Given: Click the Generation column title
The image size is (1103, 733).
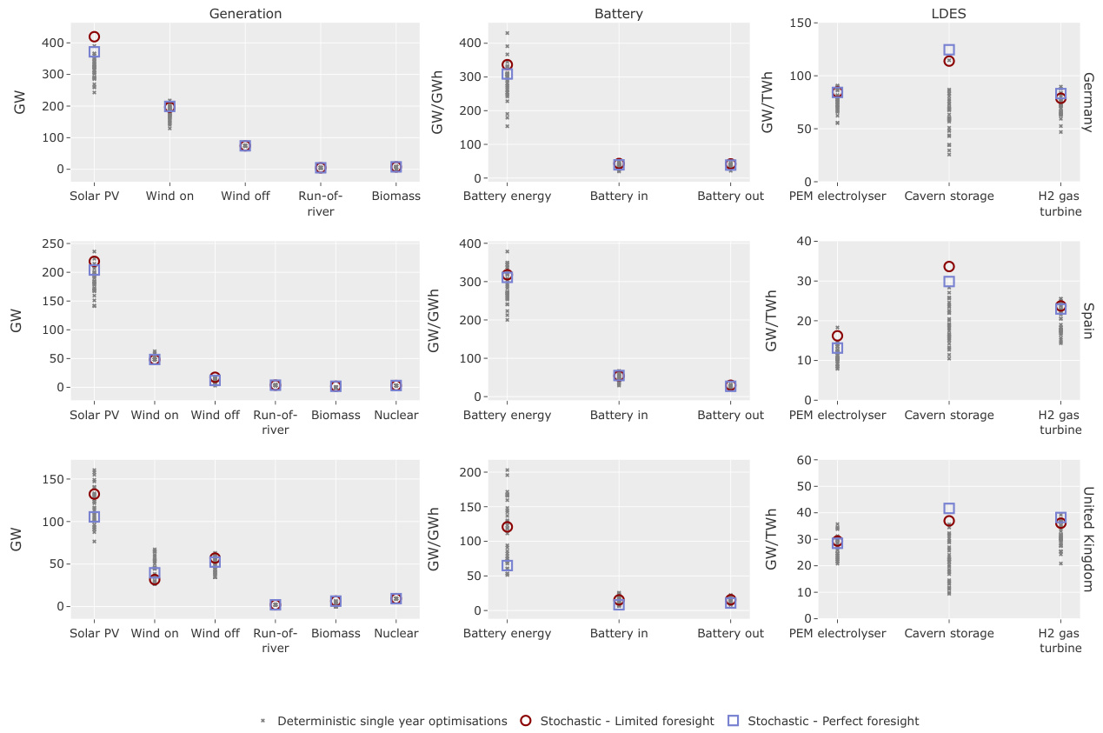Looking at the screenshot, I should coord(245,14).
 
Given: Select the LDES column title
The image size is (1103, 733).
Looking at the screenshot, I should coord(949,14).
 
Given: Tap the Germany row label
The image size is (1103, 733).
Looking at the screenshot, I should coord(1086,102).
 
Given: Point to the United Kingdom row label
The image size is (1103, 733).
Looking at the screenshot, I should coord(1086,539).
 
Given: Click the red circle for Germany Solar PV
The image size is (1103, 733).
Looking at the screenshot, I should coord(94,37).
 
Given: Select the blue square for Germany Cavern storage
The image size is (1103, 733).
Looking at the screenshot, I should coord(949,50).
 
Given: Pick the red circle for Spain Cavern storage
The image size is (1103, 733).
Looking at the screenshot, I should coord(949,267).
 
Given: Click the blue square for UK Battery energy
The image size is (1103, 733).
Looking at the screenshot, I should coord(507,565).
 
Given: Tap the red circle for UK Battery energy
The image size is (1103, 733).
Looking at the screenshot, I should coord(507,527).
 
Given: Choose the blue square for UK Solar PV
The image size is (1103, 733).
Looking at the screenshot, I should coord(94,516).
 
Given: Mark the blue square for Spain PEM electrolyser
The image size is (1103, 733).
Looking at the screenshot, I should coord(837,348).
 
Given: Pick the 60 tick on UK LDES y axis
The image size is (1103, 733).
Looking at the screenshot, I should coord(804,460).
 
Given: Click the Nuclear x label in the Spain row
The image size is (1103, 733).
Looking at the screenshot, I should coord(396,415).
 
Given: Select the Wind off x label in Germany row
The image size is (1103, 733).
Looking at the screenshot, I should coord(245,196).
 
